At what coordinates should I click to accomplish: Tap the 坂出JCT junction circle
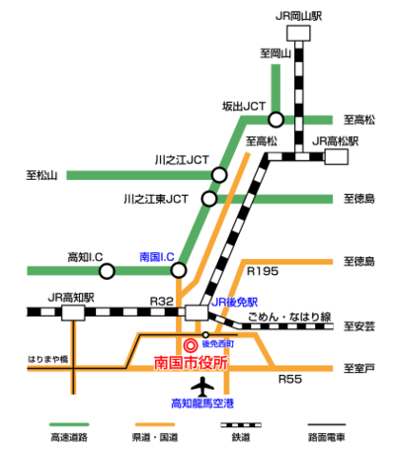[x=276, y=120]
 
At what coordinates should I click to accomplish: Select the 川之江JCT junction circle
[x=219, y=175]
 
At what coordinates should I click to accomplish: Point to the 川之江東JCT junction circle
[x=208, y=199]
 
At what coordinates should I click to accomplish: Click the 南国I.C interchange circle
[x=179, y=269]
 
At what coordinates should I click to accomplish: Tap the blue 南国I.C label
[x=158, y=255]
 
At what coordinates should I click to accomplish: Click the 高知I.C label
[x=87, y=256]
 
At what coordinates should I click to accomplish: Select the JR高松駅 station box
[x=339, y=156]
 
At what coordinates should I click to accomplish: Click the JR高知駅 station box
[x=73, y=313]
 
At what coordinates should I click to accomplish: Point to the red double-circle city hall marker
[x=191, y=345]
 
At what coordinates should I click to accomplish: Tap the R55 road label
[x=289, y=379]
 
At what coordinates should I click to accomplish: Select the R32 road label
[x=162, y=301]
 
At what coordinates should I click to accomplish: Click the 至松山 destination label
[x=42, y=176]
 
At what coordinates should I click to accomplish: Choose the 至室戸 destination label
[x=358, y=368]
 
